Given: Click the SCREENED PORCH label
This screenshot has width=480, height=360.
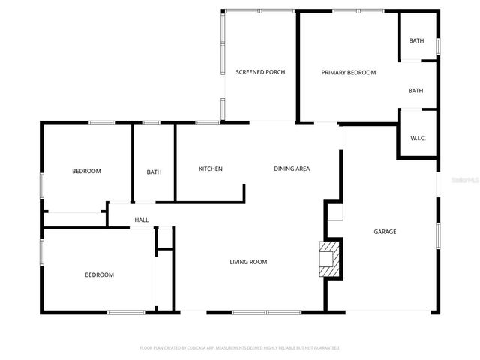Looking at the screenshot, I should (260, 72).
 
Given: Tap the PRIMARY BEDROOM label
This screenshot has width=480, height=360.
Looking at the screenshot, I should (348, 72).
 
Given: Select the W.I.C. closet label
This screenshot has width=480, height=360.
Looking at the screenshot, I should (418, 138).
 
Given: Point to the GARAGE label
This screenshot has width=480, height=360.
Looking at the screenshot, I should (385, 232).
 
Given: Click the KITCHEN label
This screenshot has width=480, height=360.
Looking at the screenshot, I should (210, 169).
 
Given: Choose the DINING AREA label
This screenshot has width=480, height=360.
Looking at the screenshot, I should (291, 169).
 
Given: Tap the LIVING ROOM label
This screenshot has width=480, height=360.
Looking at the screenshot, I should (248, 262).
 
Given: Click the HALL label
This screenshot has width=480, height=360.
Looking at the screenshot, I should (141, 220).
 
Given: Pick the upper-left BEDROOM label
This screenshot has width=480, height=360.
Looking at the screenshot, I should (86, 172).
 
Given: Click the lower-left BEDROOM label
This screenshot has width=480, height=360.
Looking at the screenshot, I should (99, 274).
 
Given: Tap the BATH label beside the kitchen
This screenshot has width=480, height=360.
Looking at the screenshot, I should (154, 172).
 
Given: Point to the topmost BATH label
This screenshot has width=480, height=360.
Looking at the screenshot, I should (416, 40).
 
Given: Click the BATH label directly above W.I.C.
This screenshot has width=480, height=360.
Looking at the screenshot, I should (415, 91).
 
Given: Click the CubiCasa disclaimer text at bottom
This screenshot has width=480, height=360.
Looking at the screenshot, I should (240, 348).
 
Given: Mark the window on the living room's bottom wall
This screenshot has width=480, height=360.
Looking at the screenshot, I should (266, 312).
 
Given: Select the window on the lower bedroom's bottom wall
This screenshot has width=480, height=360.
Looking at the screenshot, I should (125, 312).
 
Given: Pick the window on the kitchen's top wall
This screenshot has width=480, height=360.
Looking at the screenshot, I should (207, 122).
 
